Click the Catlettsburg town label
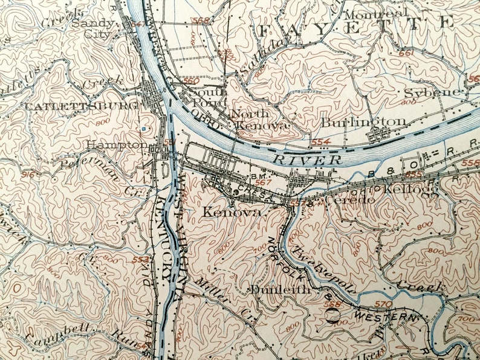pos(63,105)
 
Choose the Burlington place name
pos(363,122)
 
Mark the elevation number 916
pos(28,175)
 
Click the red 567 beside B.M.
pos(263,182)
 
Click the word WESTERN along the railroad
pos(384,317)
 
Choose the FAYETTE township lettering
pos(355,25)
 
